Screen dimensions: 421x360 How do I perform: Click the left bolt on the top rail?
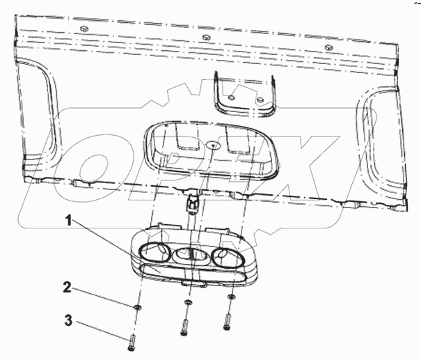[84, 28]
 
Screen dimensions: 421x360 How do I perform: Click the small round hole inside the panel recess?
[212, 146]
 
